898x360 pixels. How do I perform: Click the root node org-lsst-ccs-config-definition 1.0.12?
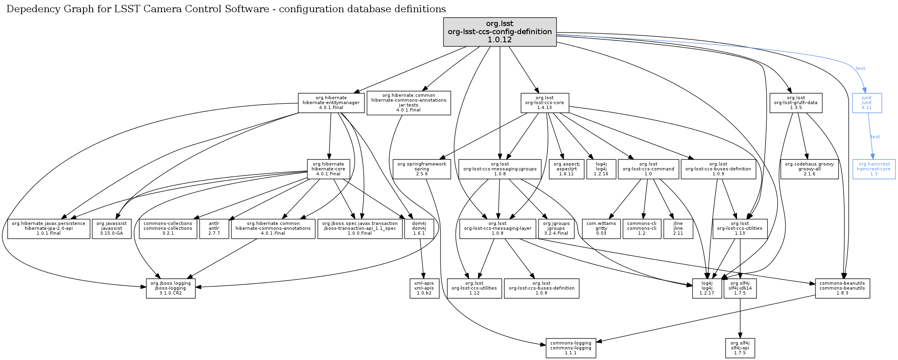click(x=500, y=32)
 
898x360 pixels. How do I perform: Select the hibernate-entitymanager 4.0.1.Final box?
click(x=331, y=103)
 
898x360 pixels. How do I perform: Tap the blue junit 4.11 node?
click(x=867, y=103)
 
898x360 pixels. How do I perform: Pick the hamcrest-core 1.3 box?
click(x=874, y=169)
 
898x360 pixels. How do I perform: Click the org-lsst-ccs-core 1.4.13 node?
click(x=545, y=103)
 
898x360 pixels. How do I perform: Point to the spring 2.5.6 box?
click(x=422, y=169)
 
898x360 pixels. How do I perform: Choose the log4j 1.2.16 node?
click(x=601, y=169)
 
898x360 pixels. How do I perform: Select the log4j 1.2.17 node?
click(x=707, y=288)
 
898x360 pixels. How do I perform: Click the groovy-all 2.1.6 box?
click(x=809, y=169)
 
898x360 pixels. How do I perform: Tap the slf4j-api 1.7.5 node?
click(x=740, y=348)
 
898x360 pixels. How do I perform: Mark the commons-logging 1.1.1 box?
click(x=571, y=348)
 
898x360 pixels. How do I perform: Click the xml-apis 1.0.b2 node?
click(x=424, y=288)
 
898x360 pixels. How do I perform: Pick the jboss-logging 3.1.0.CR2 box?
click(x=171, y=288)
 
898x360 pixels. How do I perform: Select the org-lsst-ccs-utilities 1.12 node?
click(x=474, y=288)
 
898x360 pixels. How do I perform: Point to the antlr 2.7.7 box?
click(x=214, y=229)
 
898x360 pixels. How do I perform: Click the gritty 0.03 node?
click(x=601, y=229)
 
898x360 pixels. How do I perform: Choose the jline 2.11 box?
click(x=678, y=229)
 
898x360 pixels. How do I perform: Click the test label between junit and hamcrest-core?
click(x=875, y=137)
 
